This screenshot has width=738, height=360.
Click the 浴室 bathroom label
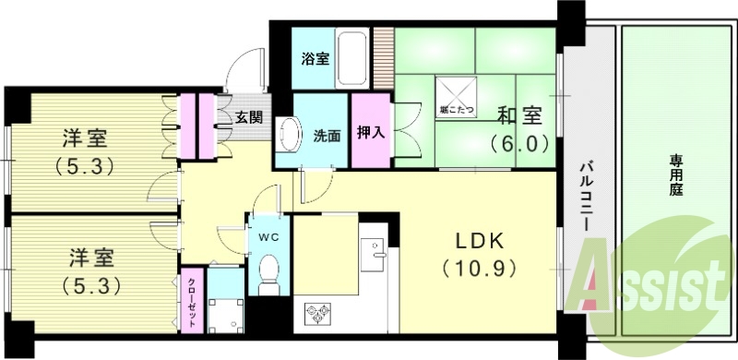[x=316, y=59]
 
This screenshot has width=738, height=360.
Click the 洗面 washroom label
[x=327, y=135]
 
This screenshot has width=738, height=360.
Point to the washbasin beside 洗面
[x=288, y=135]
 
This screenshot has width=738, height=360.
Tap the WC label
[x=268, y=236]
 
